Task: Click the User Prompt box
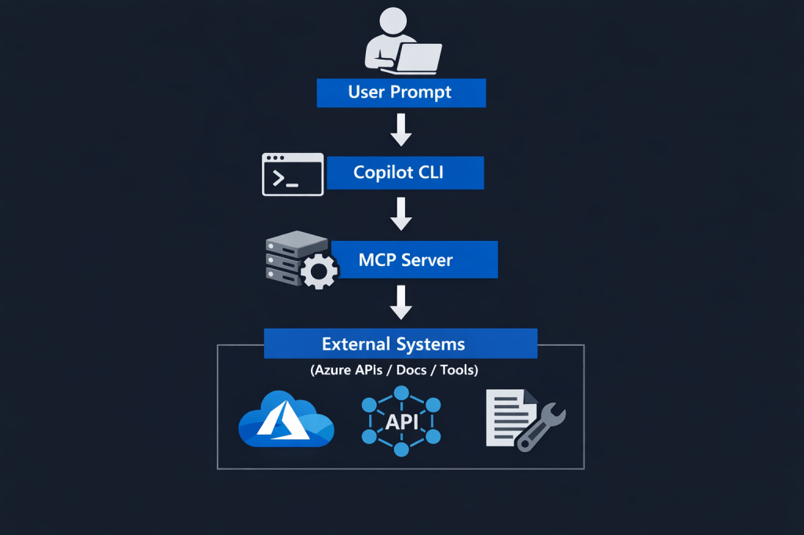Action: tap(401, 93)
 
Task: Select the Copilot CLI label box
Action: tap(405, 173)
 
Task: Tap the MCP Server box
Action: tap(415, 260)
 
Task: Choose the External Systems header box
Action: tap(400, 344)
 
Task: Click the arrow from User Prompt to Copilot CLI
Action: tap(401, 130)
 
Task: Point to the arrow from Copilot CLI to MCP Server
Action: tap(401, 213)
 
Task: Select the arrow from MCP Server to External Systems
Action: tap(401, 302)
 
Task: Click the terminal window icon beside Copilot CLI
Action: tap(292, 174)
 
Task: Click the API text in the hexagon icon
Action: tap(401, 422)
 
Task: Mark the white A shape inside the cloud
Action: tap(283, 420)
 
